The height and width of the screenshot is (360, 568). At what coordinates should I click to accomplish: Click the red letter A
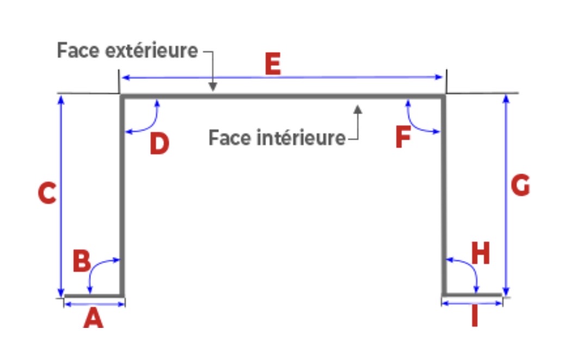coord(93,318)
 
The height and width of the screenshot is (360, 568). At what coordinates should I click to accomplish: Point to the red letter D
coord(159,144)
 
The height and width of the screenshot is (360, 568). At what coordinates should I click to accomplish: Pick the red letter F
coord(403,138)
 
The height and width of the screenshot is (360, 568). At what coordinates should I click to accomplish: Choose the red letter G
coord(520,187)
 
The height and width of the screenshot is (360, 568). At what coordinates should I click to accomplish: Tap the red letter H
coord(480,254)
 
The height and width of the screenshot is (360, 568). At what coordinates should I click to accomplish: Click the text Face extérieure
coord(128,51)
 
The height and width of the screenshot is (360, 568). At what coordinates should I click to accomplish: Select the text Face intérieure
coord(277,138)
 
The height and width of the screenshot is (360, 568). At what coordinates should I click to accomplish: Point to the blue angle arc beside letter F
coord(416,123)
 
